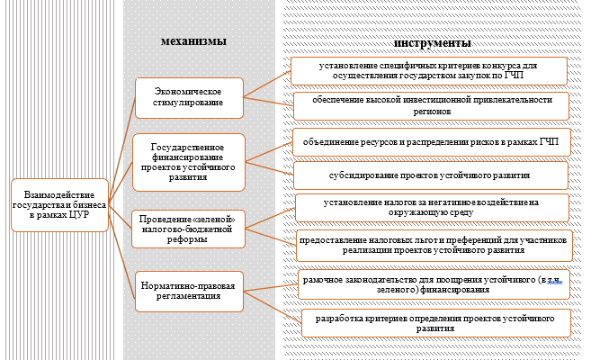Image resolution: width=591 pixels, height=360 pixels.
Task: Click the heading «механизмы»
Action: pyautogui.click(x=193, y=41)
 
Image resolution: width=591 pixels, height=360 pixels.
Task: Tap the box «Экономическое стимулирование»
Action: pyautogui.click(x=189, y=97)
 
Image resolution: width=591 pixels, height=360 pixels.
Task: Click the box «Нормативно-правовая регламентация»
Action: pyautogui.click(x=189, y=291)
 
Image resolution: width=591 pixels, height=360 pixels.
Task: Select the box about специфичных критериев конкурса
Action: pyautogui.click(x=428, y=71)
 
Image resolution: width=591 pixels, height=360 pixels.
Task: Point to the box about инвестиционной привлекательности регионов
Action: pyautogui.click(x=431, y=105)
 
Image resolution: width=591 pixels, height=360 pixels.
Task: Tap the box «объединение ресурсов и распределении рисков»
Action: pyautogui.click(x=431, y=143)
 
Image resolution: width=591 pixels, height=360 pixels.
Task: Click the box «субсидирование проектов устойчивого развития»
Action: pyautogui.click(x=431, y=175)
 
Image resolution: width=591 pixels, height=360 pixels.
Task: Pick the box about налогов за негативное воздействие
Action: pyautogui.click(x=432, y=208)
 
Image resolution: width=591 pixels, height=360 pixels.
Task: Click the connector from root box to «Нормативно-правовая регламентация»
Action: pyautogui.click(x=123, y=241)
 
